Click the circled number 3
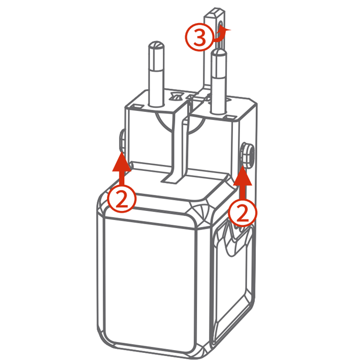pyautogui.click(x=199, y=37)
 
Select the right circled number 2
pyautogui.click(x=242, y=213)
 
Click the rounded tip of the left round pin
pyautogui.click(x=156, y=45)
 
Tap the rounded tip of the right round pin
pyautogui.click(x=219, y=52)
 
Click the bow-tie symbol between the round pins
pyautogui.click(x=176, y=96)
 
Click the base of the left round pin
pyautogui.click(x=156, y=104)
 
